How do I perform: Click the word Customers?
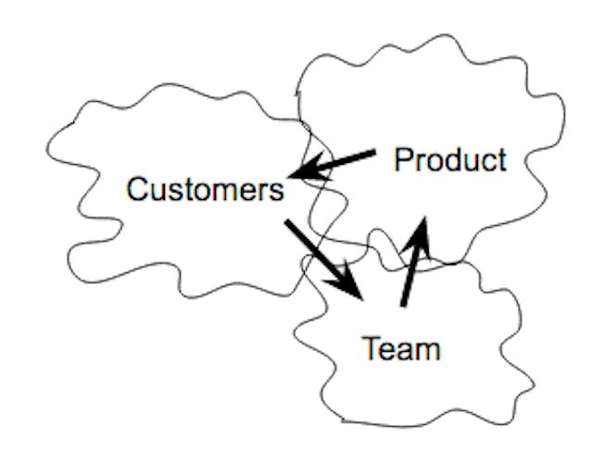click(205, 190)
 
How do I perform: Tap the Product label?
click(450, 159)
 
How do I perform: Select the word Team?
click(400, 349)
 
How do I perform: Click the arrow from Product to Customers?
click(334, 163)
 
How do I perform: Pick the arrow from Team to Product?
click(412, 263)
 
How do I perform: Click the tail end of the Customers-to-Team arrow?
click(287, 223)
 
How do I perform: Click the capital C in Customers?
click(136, 190)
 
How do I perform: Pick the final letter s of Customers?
click(276, 192)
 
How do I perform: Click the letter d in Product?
click(448, 159)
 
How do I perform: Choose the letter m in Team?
click(427, 351)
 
